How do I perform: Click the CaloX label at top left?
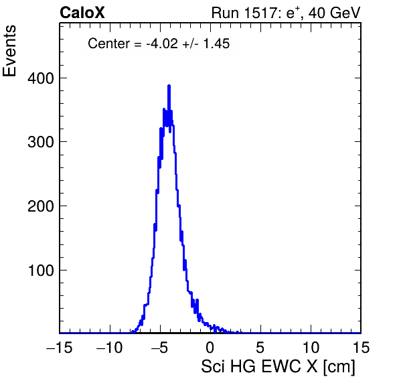click(82, 13)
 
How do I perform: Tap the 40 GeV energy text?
click(334, 13)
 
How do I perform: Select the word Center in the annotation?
click(109, 44)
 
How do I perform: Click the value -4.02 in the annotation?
click(162, 44)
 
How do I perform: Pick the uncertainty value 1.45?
click(216, 44)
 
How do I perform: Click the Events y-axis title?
click(9, 51)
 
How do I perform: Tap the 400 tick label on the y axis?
click(41, 78)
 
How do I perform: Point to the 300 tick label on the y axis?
click(41, 142)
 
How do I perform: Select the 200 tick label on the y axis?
click(41, 206)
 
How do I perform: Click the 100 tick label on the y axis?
click(41, 271)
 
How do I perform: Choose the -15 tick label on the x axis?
click(60, 348)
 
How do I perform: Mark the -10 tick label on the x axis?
click(110, 348)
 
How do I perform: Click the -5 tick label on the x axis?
click(160, 348)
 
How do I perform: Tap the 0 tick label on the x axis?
click(210, 348)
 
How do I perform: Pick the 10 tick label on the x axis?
click(311, 348)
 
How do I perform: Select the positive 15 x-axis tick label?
click(361, 348)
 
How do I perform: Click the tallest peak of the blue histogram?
click(169, 86)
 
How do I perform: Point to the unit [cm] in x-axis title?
click(339, 367)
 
